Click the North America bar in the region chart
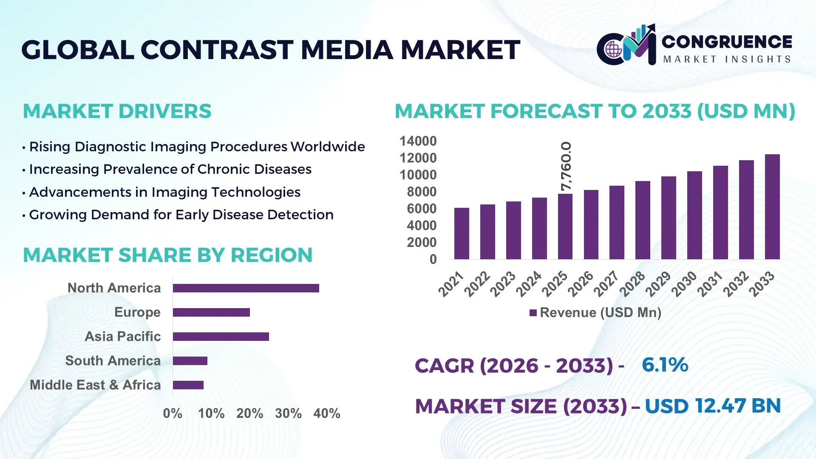(246, 288)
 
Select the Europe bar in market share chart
(211, 312)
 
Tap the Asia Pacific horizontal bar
(221, 337)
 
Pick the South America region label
(113, 361)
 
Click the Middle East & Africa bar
(188, 385)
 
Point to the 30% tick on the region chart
(288, 413)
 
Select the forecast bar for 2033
(772, 207)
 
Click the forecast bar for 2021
(462, 234)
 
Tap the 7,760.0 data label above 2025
(566, 166)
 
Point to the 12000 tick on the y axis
(418, 158)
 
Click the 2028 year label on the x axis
(632, 284)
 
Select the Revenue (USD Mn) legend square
(533, 313)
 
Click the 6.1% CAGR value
(665, 365)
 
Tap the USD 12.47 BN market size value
(713, 406)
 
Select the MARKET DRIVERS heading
(117, 111)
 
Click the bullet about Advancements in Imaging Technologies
(164, 192)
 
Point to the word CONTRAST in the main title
(217, 50)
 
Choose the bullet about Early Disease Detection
(181, 215)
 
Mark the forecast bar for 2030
(694, 215)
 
